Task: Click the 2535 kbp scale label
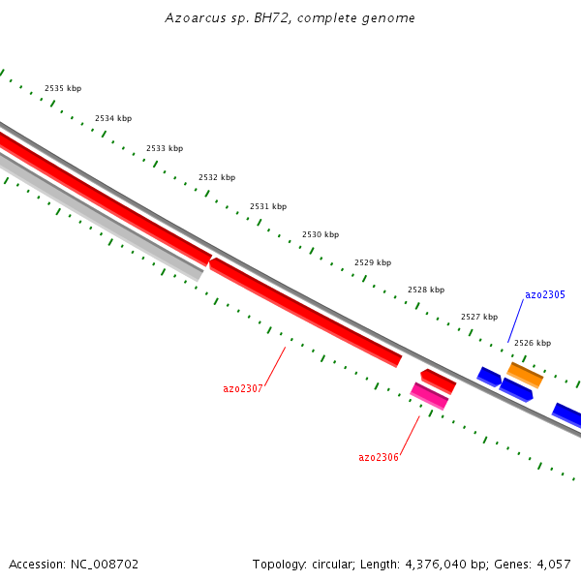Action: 63,88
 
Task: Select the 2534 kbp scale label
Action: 113,118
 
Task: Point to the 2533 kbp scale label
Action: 165,148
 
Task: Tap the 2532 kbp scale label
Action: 217,177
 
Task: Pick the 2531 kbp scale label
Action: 268,206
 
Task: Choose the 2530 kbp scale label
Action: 321,234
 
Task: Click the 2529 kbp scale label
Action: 373,262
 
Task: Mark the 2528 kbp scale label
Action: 426,290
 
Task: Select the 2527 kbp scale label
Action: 479,317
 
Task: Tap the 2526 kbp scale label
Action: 533,343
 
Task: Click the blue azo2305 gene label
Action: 545,294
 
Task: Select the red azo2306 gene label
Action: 379,457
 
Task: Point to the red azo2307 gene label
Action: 243,388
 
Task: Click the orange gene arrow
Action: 525,375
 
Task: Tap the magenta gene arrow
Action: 430,396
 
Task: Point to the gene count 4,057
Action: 551,564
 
